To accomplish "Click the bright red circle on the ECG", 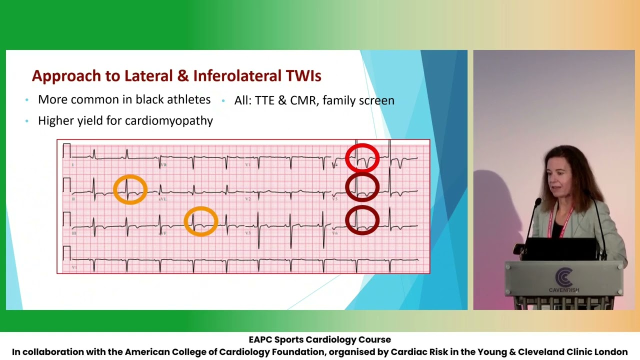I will click(362, 158).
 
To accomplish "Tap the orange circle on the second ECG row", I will click(130, 189).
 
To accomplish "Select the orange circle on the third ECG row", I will click(200, 221).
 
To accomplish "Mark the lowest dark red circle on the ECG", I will click(362, 220).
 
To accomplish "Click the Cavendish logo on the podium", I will click(564, 279).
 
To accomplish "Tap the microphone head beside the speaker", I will click(537, 202).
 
